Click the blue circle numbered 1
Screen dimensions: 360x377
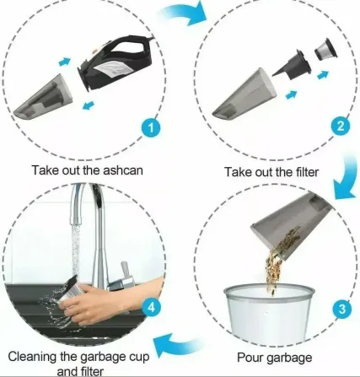click(x=151, y=128)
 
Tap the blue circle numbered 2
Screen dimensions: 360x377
click(x=340, y=126)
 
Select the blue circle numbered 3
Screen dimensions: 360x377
click(x=341, y=309)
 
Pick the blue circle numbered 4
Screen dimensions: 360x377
click(x=151, y=307)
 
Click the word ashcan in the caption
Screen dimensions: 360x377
click(x=123, y=170)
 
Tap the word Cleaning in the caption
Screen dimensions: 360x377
click(x=32, y=357)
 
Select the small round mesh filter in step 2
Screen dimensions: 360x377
click(x=325, y=50)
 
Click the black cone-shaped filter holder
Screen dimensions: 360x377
click(x=293, y=64)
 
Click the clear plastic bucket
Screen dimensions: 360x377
click(x=268, y=313)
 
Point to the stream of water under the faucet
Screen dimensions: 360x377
click(x=75, y=251)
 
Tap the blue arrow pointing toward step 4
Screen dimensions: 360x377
click(x=177, y=342)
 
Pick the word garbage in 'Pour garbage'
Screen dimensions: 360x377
click(x=289, y=358)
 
